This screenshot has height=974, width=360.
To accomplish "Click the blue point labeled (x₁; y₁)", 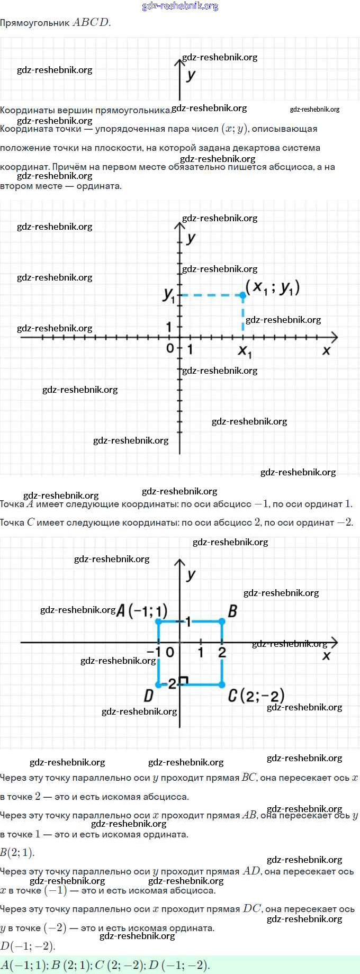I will (x=243, y=294).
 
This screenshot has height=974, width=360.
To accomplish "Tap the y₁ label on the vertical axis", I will (x=169, y=295).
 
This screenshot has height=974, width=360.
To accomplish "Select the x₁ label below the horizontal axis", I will (x=245, y=351).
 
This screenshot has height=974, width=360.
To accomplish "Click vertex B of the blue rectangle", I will (x=222, y=621).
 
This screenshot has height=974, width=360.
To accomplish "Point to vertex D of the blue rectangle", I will (x=158, y=684).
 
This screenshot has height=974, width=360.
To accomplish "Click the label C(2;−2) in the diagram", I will (x=256, y=695).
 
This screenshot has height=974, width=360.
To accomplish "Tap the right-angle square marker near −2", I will (x=184, y=680).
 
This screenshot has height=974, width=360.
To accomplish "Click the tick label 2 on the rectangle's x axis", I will (x=222, y=653).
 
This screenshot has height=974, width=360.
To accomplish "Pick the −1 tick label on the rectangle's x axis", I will (x=154, y=652).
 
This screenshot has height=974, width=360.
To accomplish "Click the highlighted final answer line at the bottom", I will (x=106, y=964).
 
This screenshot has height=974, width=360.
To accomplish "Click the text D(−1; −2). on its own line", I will (x=28, y=946).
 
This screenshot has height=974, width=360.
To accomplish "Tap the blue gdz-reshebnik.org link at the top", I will (x=180, y=6).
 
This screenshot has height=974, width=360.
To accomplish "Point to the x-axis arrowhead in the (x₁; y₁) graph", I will (x=334, y=337).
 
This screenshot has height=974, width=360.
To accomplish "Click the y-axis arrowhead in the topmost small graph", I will (x=180, y=62).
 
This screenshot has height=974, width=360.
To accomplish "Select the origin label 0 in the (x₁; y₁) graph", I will (x=170, y=348).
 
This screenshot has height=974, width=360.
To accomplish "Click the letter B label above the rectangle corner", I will (x=232, y=611).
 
